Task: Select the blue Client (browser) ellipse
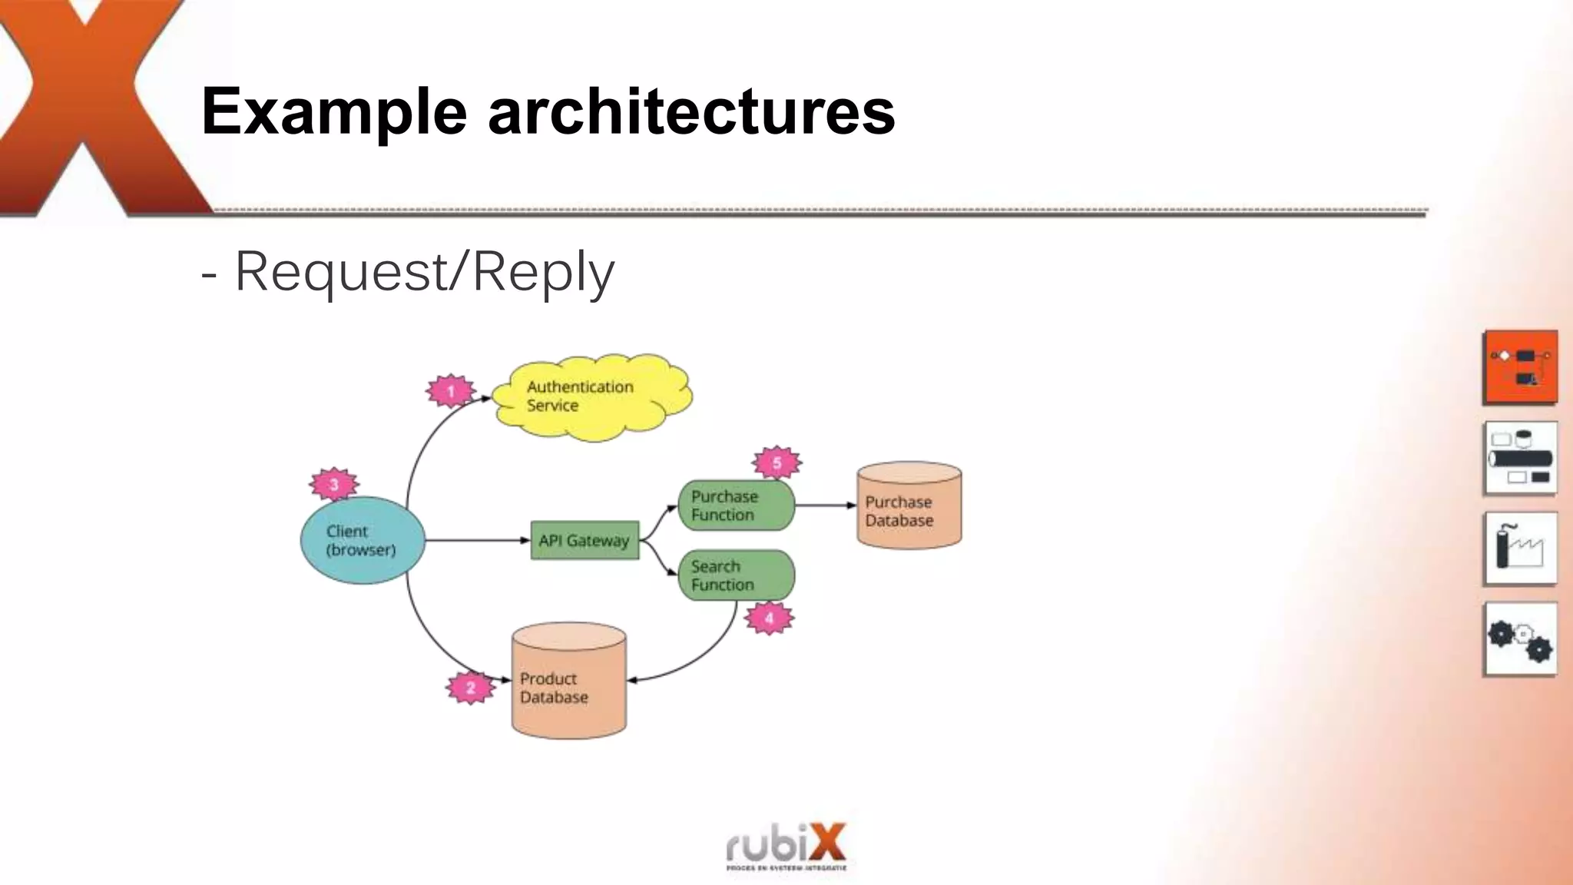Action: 362,541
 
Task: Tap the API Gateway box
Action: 584,541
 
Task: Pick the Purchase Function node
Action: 735,505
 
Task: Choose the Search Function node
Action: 735,575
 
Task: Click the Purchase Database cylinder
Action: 909,507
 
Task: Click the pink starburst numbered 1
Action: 450,392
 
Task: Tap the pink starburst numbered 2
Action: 470,688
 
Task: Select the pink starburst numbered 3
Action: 334,485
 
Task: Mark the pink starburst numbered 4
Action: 769,618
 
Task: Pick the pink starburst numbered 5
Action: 777,463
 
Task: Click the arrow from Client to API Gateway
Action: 476,541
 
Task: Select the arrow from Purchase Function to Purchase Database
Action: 825,505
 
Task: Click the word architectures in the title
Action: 691,111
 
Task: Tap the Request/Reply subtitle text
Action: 422,272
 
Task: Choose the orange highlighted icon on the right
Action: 1521,367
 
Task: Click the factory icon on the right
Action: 1521,548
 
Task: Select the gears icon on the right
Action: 1521,639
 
